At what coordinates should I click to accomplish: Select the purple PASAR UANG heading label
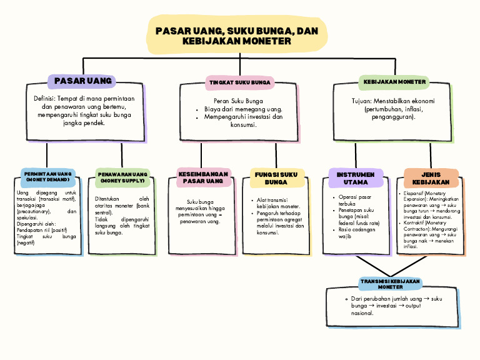[x=83, y=81]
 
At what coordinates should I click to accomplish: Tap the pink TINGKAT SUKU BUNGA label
[x=240, y=82]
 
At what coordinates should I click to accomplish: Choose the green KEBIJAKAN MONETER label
[x=394, y=82]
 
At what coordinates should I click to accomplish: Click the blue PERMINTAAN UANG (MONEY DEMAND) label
[x=48, y=176]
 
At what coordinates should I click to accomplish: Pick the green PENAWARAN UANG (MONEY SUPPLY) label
[x=122, y=177]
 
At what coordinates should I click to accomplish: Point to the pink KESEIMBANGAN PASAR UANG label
[x=202, y=177]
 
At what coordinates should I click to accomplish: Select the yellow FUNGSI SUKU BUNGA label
[x=276, y=177]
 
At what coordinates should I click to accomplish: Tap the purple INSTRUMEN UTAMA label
[x=356, y=178]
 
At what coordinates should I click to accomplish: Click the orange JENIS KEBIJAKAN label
[x=431, y=178]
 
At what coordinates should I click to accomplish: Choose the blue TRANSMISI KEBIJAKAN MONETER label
[x=391, y=284]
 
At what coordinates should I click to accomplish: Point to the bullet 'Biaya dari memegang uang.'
[x=243, y=109]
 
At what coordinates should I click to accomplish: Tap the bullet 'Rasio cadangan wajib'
[x=353, y=233]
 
